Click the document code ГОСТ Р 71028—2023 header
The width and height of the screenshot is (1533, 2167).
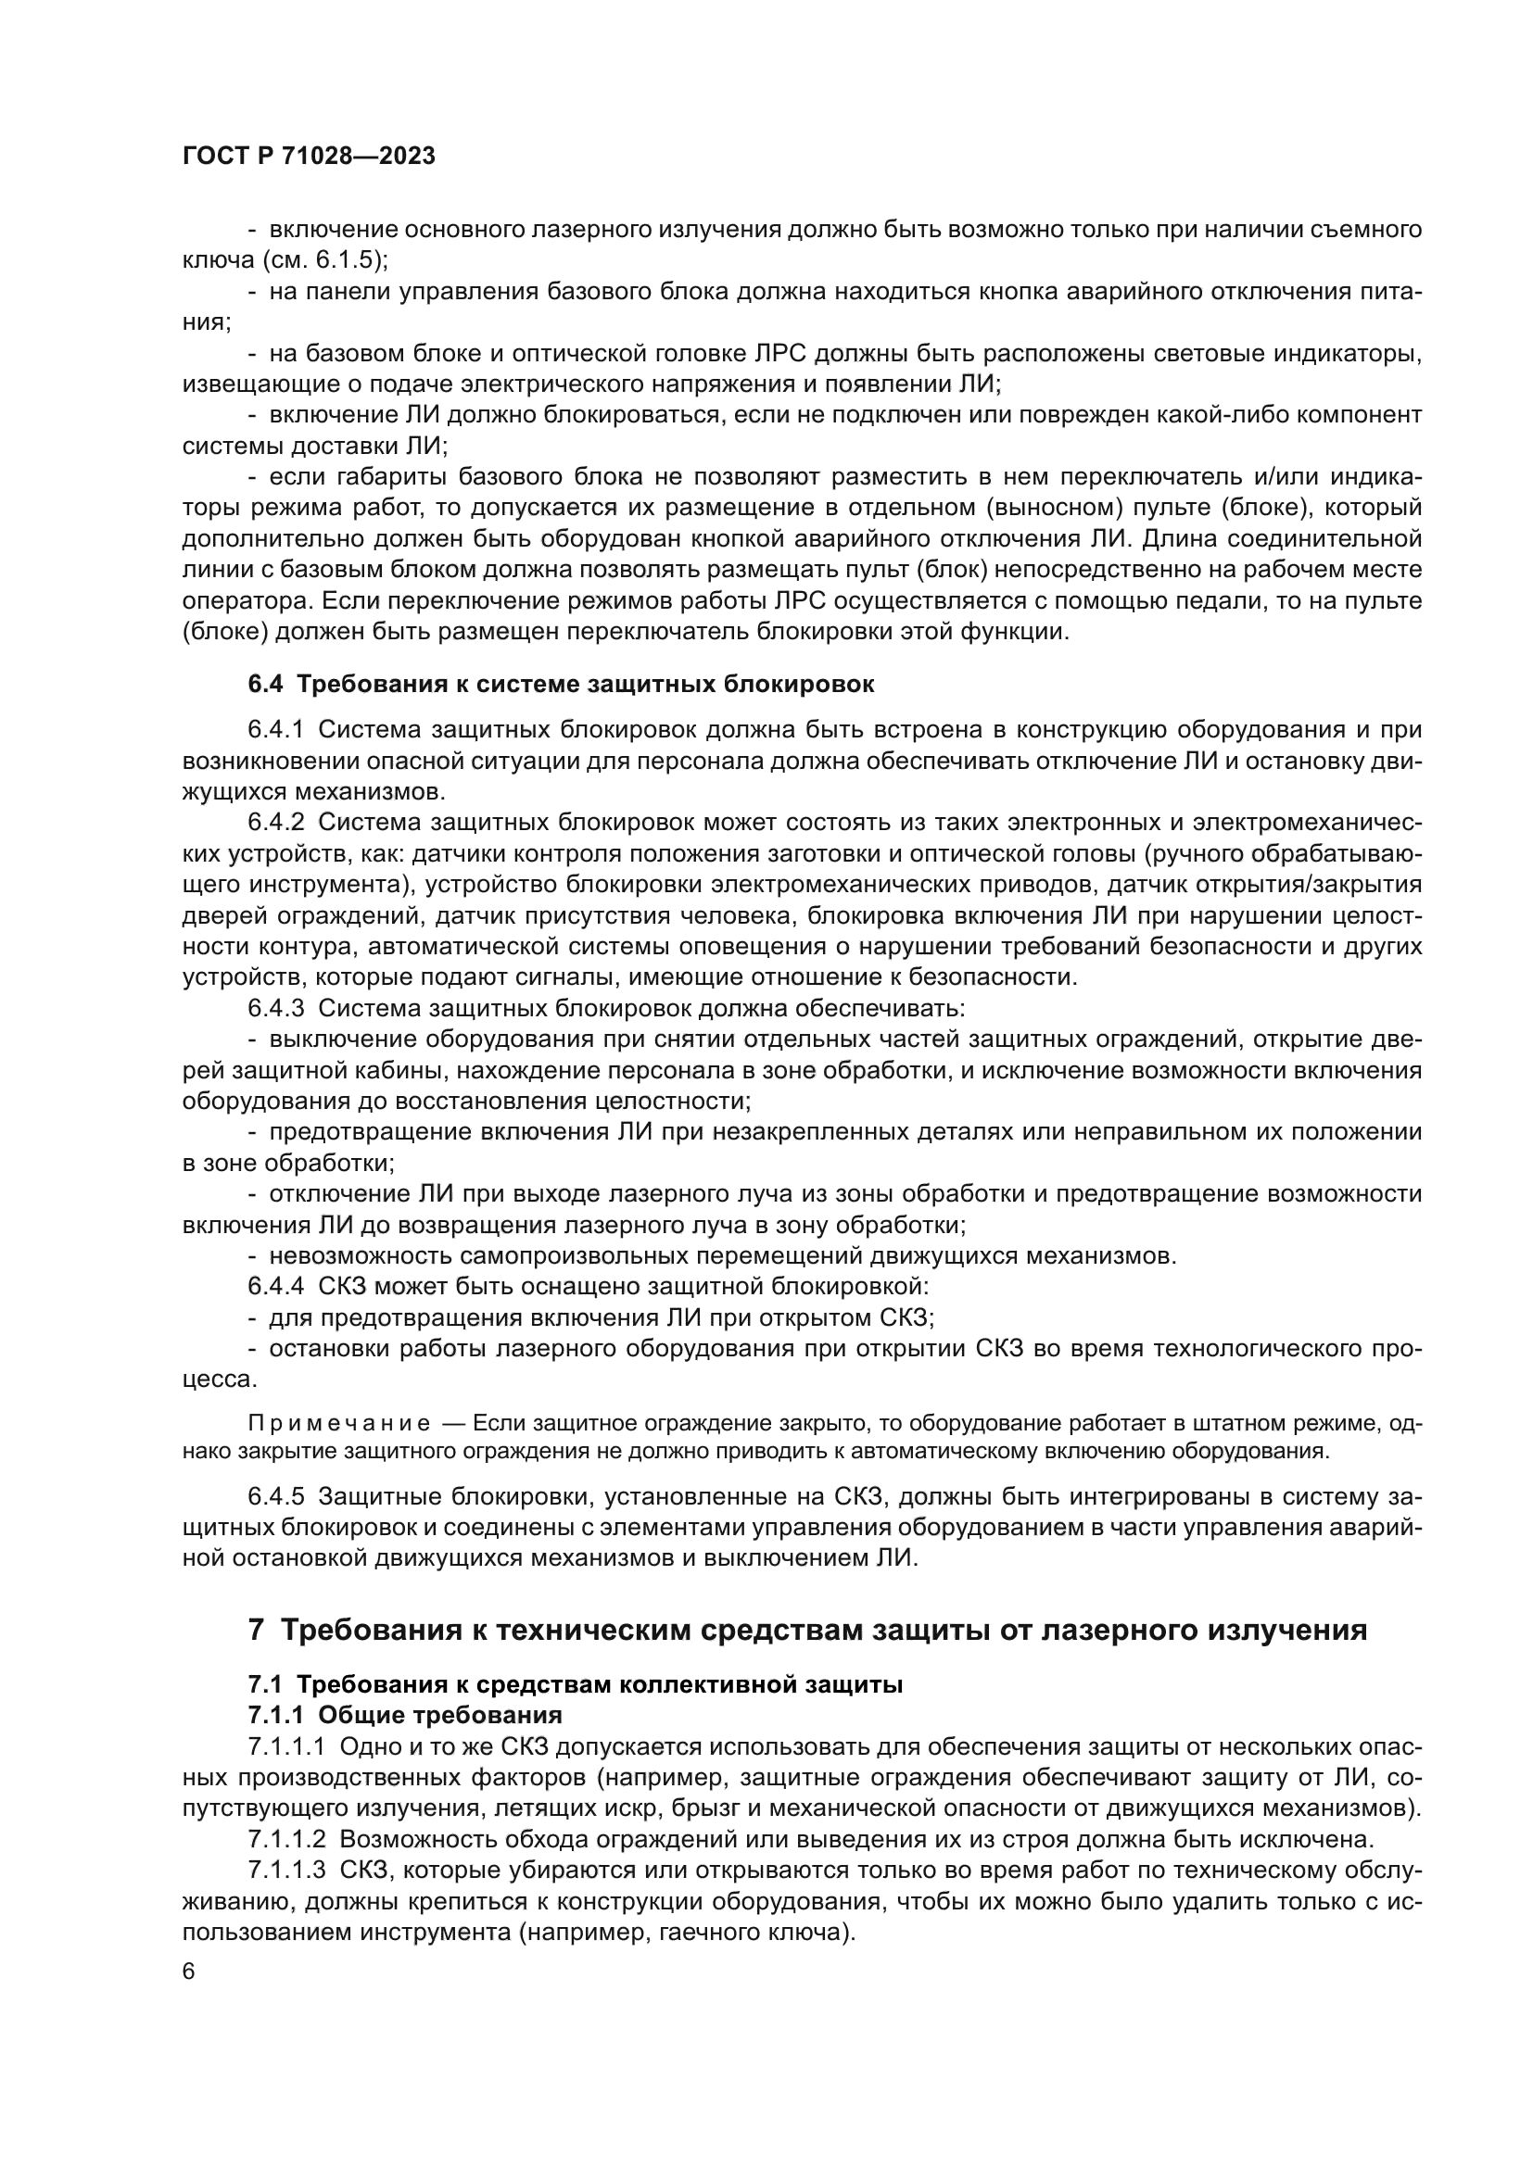coord(309,157)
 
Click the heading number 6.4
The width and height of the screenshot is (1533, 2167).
coord(265,685)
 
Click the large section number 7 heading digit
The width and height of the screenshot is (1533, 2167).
coord(255,1630)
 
